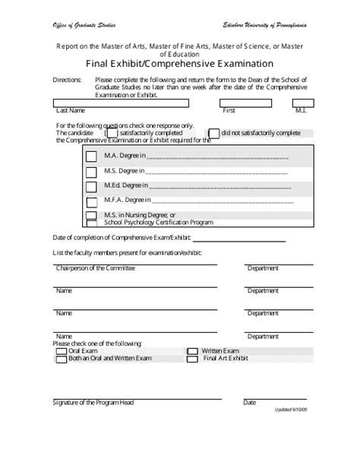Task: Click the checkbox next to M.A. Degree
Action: pos(90,157)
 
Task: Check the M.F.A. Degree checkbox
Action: pos(90,201)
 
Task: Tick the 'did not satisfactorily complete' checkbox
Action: pos(214,134)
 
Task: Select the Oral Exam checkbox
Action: pos(62,351)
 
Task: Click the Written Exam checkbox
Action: pos(192,351)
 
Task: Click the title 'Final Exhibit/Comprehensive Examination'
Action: pos(179,63)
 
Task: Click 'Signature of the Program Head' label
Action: pos(93,402)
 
